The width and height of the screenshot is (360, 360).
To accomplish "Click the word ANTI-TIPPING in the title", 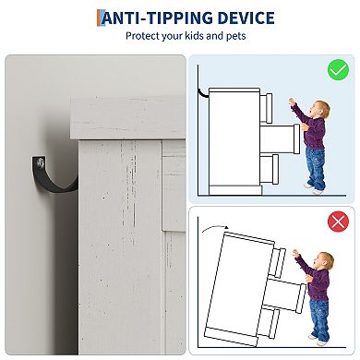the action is [x=157, y=18].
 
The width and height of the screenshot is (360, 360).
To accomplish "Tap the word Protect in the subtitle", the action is [x=142, y=36].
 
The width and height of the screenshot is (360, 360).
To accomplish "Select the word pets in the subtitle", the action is [x=236, y=36].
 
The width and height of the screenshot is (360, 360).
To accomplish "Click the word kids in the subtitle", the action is [x=195, y=36].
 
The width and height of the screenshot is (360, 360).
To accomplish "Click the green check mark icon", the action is [x=338, y=70].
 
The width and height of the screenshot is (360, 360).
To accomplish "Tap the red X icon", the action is [x=338, y=222].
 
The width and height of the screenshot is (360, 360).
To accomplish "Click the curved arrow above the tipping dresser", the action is [x=214, y=227].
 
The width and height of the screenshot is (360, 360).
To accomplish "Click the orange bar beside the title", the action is [x=99, y=18].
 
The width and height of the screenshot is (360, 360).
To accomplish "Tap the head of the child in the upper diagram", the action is [x=320, y=109].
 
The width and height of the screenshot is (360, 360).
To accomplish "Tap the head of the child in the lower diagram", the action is [x=324, y=260].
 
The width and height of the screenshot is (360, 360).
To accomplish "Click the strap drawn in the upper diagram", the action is [x=202, y=94].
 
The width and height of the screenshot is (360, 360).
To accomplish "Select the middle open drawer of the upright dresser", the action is [x=280, y=138].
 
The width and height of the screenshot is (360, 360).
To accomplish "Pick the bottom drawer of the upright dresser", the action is [x=270, y=169].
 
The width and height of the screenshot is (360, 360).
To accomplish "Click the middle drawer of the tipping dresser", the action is [x=285, y=293].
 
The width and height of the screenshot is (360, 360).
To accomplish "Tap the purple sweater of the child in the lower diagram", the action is [x=317, y=280].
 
